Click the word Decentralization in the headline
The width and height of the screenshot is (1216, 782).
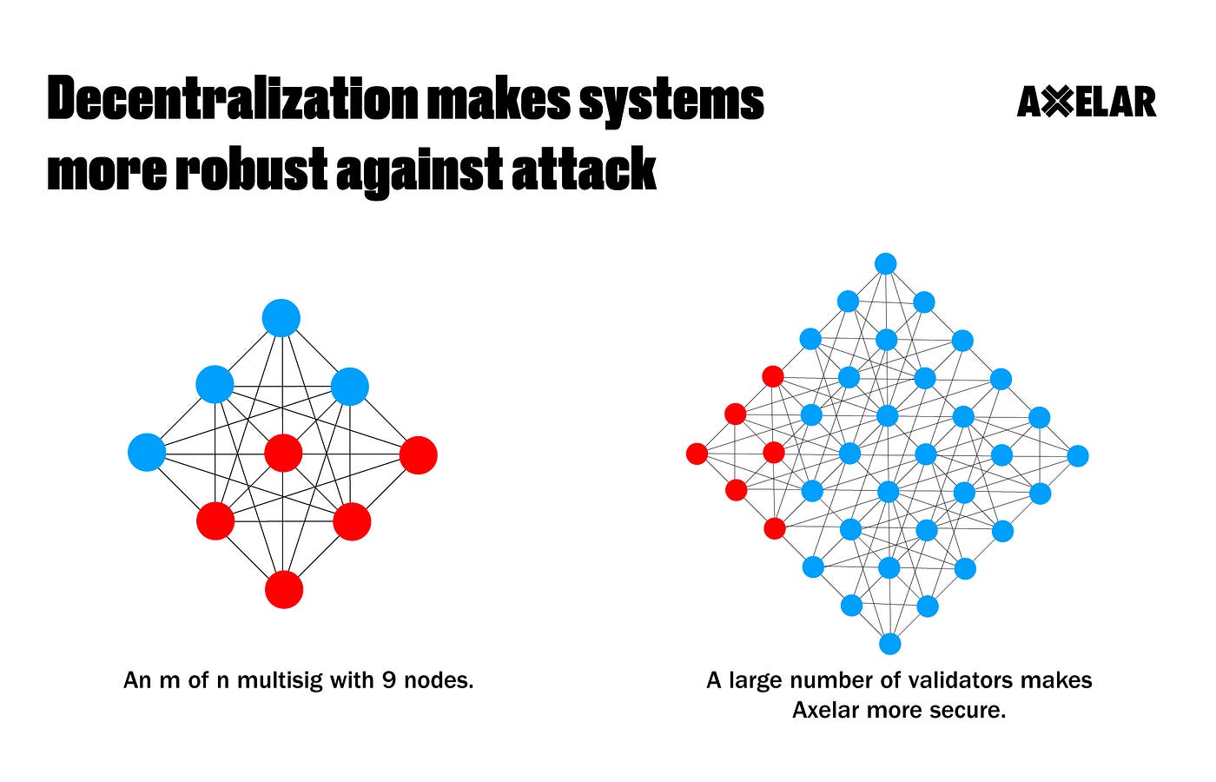click(x=233, y=102)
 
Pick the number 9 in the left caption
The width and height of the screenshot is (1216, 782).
click(x=390, y=679)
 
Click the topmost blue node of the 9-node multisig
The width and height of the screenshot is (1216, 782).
click(x=281, y=318)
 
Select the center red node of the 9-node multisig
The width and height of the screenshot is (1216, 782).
click(x=283, y=454)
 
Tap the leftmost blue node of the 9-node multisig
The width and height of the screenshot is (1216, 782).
click(x=147, y=453)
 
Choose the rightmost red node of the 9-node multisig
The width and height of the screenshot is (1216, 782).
click(x=418, y=455)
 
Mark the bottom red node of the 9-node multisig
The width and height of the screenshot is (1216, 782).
click(x=284, y=590)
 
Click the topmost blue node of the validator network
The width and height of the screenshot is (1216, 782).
click(x=885, y=263)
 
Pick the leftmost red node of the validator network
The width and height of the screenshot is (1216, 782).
click(x=697, y=453)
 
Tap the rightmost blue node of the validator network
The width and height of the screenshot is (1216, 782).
click(x=1077, y=455)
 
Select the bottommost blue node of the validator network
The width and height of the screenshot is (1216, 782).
click(x=889, y=644)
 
